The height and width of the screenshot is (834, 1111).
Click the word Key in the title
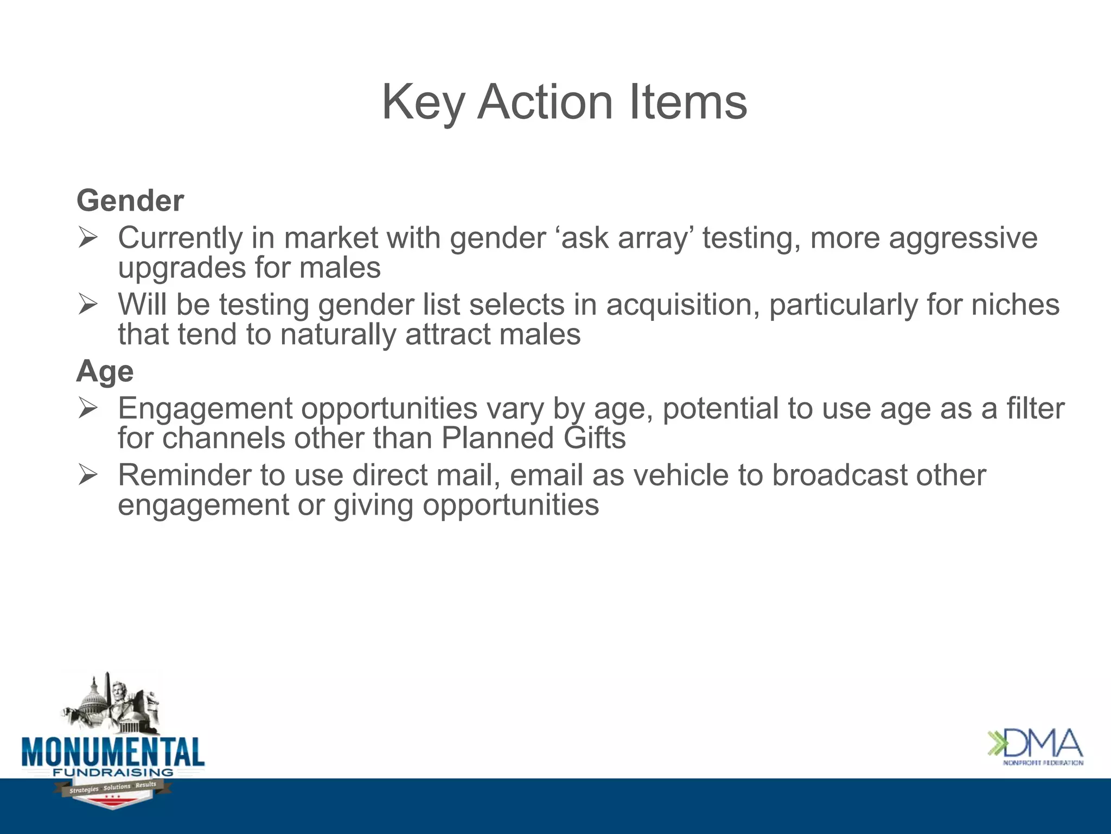tap(423, 103)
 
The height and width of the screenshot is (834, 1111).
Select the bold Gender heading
tap(130, 201)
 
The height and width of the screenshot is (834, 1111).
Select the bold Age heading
tap(105, 372)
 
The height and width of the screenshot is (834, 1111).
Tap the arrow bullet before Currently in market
tap(87, 238)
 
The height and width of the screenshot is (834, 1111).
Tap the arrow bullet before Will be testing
tap(87, 304)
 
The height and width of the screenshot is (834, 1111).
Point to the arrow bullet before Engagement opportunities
tap(87, 408)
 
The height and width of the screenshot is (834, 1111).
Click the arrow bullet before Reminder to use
tap(87, 475)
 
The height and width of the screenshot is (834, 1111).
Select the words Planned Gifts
tap(533, 438)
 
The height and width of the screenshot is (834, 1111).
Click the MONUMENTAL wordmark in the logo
tap(113, 752)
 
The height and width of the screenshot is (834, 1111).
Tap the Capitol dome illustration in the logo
tap(93, 700)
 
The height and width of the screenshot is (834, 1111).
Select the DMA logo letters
tap(1044, 744)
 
